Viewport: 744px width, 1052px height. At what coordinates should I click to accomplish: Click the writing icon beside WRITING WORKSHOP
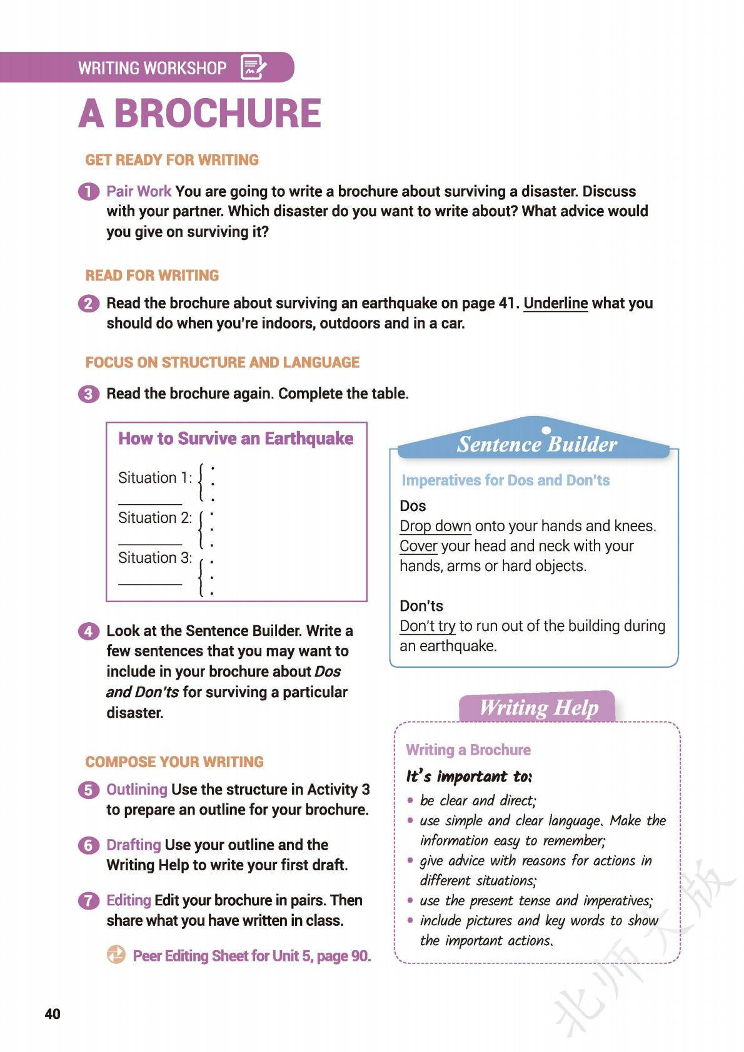click(x=253, y=67)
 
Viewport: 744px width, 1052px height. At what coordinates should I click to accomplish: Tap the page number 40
click(x=53, y=1013)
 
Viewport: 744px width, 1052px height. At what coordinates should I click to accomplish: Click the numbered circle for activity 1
click(x=89, y=191)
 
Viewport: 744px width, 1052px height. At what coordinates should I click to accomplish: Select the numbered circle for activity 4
click(x=89, y=631)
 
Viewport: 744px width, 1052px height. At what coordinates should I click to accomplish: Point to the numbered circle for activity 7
click(x=89, y=901)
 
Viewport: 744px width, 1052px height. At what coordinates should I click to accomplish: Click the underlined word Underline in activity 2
click(x=555, y=304)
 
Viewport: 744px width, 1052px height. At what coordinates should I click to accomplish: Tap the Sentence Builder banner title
click(x=536, y=444)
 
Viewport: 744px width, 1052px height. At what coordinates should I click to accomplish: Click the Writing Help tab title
click(x=538, y=708)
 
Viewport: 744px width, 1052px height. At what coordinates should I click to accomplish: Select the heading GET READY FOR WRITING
click(x=172, y=160)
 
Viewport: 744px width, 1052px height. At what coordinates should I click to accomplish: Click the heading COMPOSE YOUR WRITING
click(x=174, y=762)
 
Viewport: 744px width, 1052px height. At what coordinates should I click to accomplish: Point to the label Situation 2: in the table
click(x=155, y=518)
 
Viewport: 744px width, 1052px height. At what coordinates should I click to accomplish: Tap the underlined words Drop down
click(x=435, y=526)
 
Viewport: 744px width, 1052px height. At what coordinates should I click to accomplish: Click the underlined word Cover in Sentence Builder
click(x=418, y=546)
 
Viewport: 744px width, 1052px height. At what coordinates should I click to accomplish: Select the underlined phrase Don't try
click(x=428, y=626)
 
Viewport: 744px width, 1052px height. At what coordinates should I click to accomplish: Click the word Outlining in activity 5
click(x=137, y=790)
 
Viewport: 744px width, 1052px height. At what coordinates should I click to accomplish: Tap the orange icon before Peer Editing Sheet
click(x=116, y=955)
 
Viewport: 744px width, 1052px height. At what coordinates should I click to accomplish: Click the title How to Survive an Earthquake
click(x=236, y=439)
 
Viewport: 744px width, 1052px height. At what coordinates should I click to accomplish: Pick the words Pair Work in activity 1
click(x=139, y=191)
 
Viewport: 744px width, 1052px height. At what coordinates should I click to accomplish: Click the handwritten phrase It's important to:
click(x=469, y=777)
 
